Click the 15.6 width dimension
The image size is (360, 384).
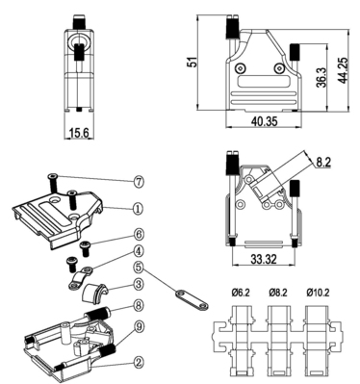tap(79, 133)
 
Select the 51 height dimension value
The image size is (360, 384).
tap(192, 62)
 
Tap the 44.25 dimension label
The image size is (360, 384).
tap(343, 70)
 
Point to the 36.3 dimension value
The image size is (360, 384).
tap(321, 77)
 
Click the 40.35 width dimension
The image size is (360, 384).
tap(264, 121)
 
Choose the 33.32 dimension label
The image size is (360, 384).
tap(264, 259)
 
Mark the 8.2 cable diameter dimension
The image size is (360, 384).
tap(323, 163)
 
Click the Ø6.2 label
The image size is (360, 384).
tap(241, 293)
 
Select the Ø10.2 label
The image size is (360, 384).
tap(318, 293)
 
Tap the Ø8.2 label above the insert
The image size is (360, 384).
tap(278, 293)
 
